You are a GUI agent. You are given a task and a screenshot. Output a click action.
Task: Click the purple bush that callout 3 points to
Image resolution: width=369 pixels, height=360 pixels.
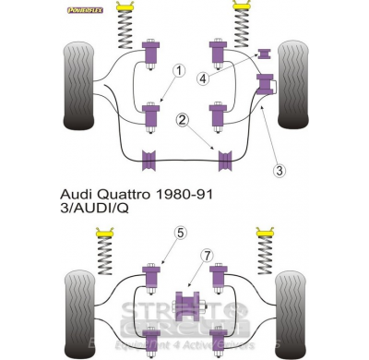tap(268, 86)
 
